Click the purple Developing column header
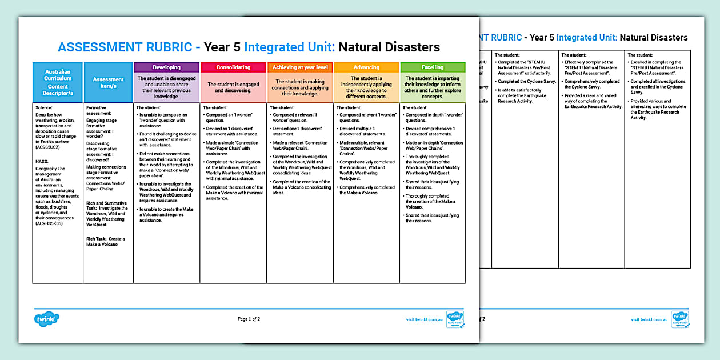pyautogui.click(x=166, y=67)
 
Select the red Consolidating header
pyautogui.click(x=233, y=67)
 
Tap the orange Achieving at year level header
pyautogui.click(x=300, y=67)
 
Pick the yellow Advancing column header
pyautogui.click(x=366, y=67)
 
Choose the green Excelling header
pyautogui.click(x=433, y=67)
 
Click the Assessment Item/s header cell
pyautogui.click(x=108, y=83)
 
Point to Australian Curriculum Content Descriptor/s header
pyautogui.click(x=58, y=83)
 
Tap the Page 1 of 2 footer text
pyautogui.click(x=249, y=319)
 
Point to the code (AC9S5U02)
pyautogui.click(x=50, y=147)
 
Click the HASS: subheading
pyautogui.click(x=42, y=162)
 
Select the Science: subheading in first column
pyautogui.click(x=43, y=107)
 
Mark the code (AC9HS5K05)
pyautogui.click(x=50, y=223)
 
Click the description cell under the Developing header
pyautogui.click(x=166, y=87)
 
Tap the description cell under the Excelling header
pyautogui.click(x=433, y=87)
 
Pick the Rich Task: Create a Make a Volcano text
pyautogui.click(x=106, y=242)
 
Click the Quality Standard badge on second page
pyautogui.click(x=679, y=319)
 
